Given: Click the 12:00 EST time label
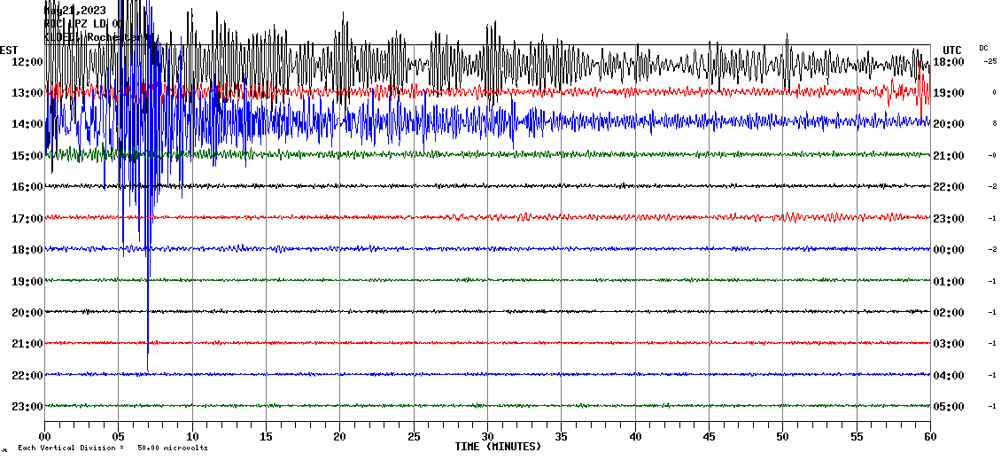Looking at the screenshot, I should (27, 61).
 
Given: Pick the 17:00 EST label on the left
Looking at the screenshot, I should (27, 218).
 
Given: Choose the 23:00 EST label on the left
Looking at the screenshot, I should (27, 407).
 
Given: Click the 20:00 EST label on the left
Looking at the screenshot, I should (27, 313).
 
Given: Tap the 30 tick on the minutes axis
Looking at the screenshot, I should (487, 437).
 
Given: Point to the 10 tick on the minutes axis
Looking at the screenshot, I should (192, 437).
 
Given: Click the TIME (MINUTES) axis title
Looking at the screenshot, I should (498, 447).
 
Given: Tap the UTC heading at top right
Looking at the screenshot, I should (952, 50).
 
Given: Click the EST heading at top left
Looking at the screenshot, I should (9, 50).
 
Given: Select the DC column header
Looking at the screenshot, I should (983, 48).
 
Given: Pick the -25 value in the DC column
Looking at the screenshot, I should (990, 61).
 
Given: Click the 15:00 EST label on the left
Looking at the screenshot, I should (27, 156).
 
